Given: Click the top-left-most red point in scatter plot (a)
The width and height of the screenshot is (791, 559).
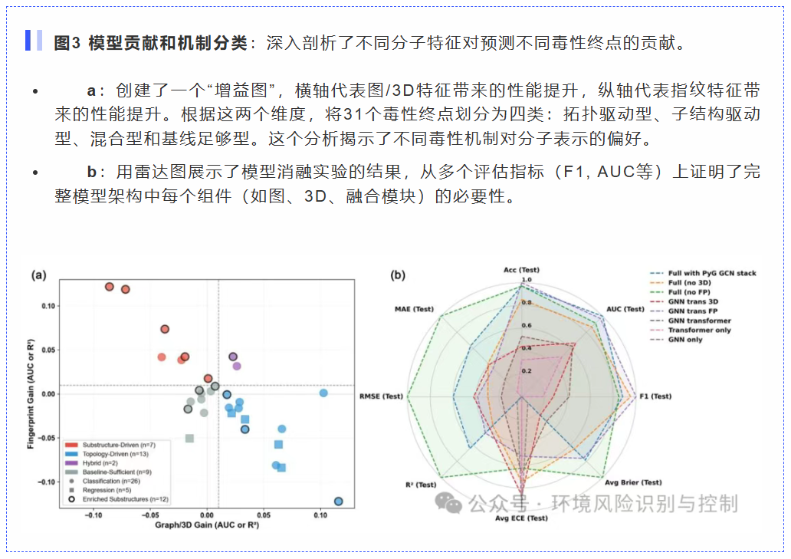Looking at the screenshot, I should point(110,287).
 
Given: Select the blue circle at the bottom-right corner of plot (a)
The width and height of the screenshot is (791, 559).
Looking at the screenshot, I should point(339,501).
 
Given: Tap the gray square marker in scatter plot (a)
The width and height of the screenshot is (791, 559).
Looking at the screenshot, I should point(189,439).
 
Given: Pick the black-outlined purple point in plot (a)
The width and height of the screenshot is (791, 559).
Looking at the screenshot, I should point(233,357).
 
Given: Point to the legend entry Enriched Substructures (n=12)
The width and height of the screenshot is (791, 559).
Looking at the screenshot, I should point(116,499).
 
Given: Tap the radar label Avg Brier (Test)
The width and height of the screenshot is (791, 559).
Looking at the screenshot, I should point(633,482).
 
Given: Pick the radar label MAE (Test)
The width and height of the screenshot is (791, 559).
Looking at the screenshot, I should point(414,310).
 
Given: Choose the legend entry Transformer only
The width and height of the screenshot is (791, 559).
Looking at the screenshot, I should point(699,330).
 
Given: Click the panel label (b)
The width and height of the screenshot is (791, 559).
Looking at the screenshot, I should point(397,275).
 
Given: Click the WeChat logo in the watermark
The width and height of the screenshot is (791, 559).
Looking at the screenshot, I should point(448,502).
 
